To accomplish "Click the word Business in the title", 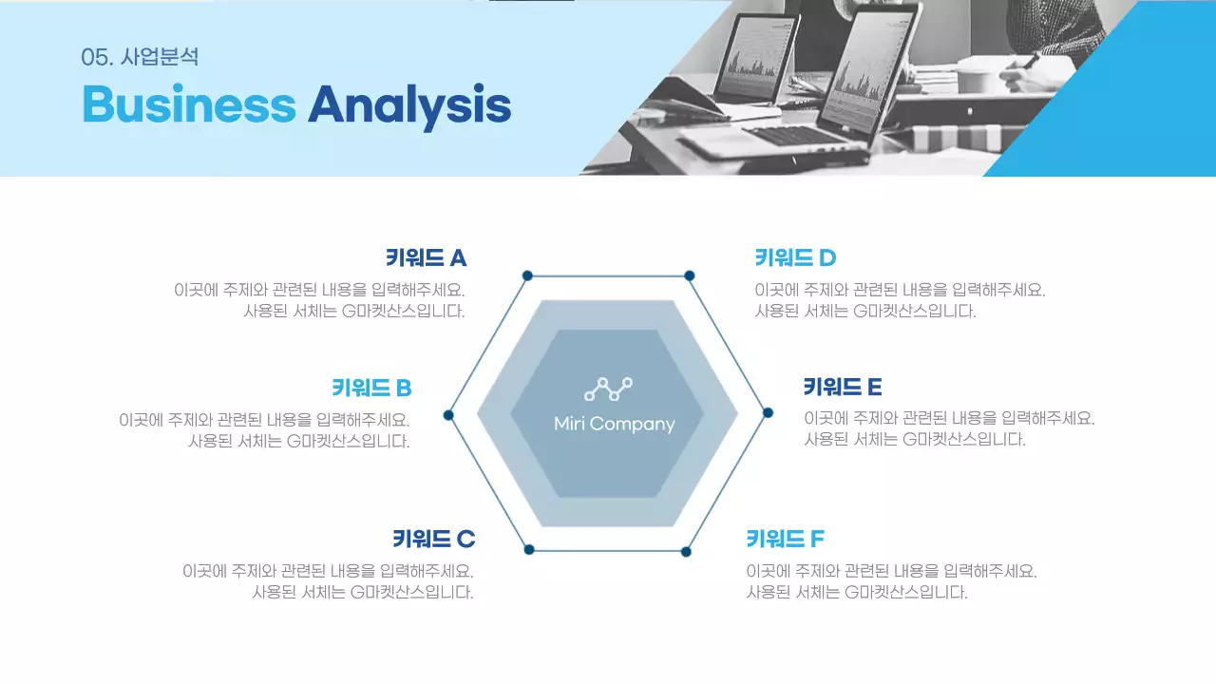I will click(x=188, y=104).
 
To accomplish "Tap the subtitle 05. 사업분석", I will click(x=140, y=57).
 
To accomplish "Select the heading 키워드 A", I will click(x=426, y=257).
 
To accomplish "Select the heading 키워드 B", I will click(x=371, y=388).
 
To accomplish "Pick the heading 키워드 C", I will click(x=433, y=539).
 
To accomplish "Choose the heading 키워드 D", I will click(x=795, y=257).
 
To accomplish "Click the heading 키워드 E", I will click(x=843, y=387).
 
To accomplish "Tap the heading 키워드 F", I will click(x=785, y=539).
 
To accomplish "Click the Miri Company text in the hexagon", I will click(x=614, y=424).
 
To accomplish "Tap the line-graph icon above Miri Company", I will click(x=608, y=389).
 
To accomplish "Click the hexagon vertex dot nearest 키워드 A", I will click(x=527, y=275).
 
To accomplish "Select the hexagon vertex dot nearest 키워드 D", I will click(x=690, y=275).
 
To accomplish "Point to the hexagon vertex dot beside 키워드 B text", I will click(x=448, y=415).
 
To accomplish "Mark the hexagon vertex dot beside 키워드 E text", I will click(x=768, y=412).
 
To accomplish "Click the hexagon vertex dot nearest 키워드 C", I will click(x=529, y=549).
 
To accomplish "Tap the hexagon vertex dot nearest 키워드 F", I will click(x=686, y=551).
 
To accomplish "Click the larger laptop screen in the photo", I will click(x=869, y=71).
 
